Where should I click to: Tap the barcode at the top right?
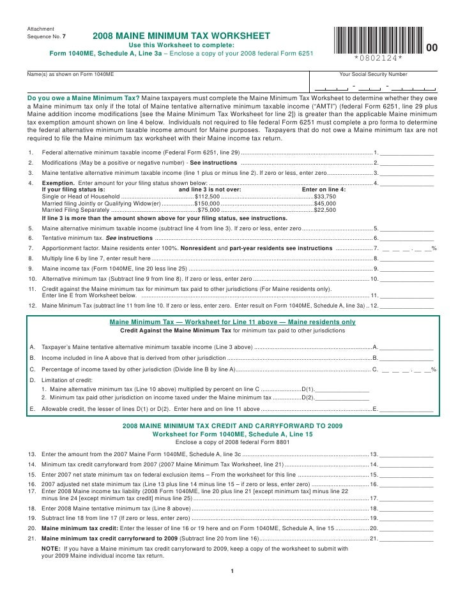click(x=377, y=39)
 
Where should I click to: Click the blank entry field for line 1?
click(x=409, y=153)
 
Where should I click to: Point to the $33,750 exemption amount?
click(x=327, y=197)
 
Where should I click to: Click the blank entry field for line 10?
click(x=409, y=279)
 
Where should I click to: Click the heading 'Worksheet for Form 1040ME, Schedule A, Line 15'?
click(x=232, y=434)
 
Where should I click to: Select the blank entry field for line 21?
click(x=409, y=538)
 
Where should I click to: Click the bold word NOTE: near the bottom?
click(x=51, y=548)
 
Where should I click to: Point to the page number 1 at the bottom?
click(x=232, y=570)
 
